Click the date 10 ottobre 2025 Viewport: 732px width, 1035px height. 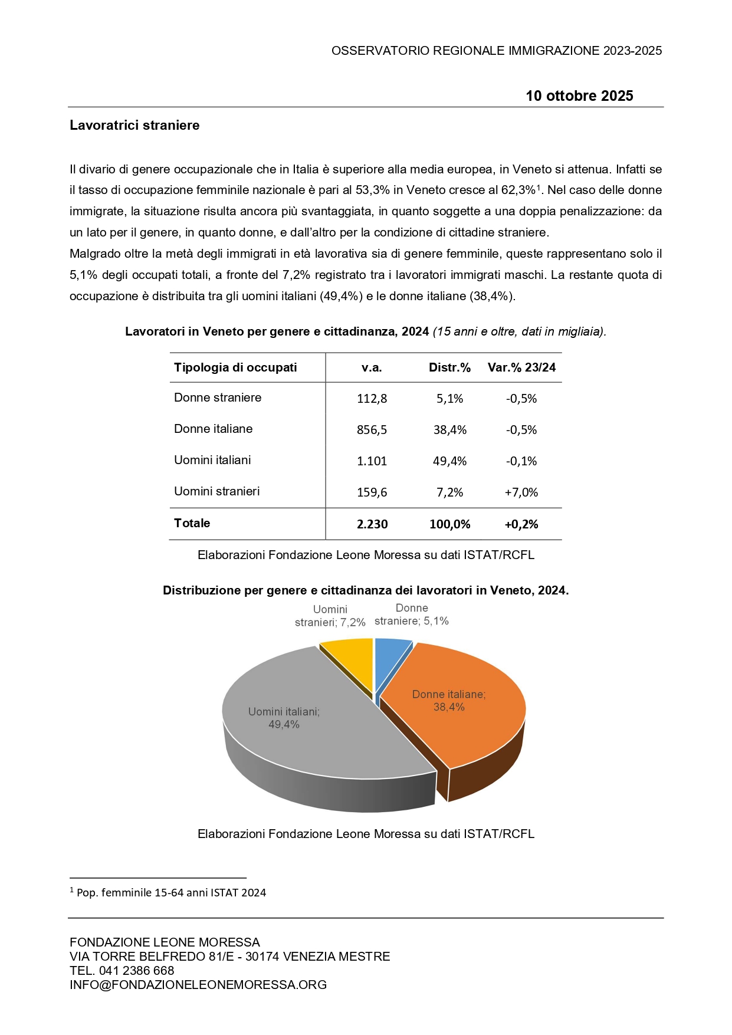click(579, 96)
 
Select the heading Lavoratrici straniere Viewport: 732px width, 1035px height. click(134, 125)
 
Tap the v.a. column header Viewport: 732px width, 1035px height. click(372, 367)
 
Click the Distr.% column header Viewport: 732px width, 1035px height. click(449, 367)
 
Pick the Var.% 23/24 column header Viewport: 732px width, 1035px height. click(521, 367)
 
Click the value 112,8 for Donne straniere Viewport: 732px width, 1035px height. click(372, 399)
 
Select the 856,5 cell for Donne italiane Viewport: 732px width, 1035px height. click(372, 430)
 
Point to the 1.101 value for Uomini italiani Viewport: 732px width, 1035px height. click(372, 461)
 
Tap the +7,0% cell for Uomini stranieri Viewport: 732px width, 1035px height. click(521, 492)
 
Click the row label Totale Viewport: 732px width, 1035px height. click(192, 523)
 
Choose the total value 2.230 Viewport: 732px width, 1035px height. click(372, 524)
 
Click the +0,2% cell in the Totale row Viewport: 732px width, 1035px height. click(521, 524)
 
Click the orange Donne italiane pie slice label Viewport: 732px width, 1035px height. click(449, 701)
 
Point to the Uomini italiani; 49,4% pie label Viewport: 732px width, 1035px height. click(284, 718)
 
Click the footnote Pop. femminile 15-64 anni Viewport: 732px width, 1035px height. click(171, 893)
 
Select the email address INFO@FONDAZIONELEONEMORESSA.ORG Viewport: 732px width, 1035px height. click(198, 985)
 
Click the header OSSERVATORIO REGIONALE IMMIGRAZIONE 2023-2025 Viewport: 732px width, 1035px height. click(497, 51)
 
